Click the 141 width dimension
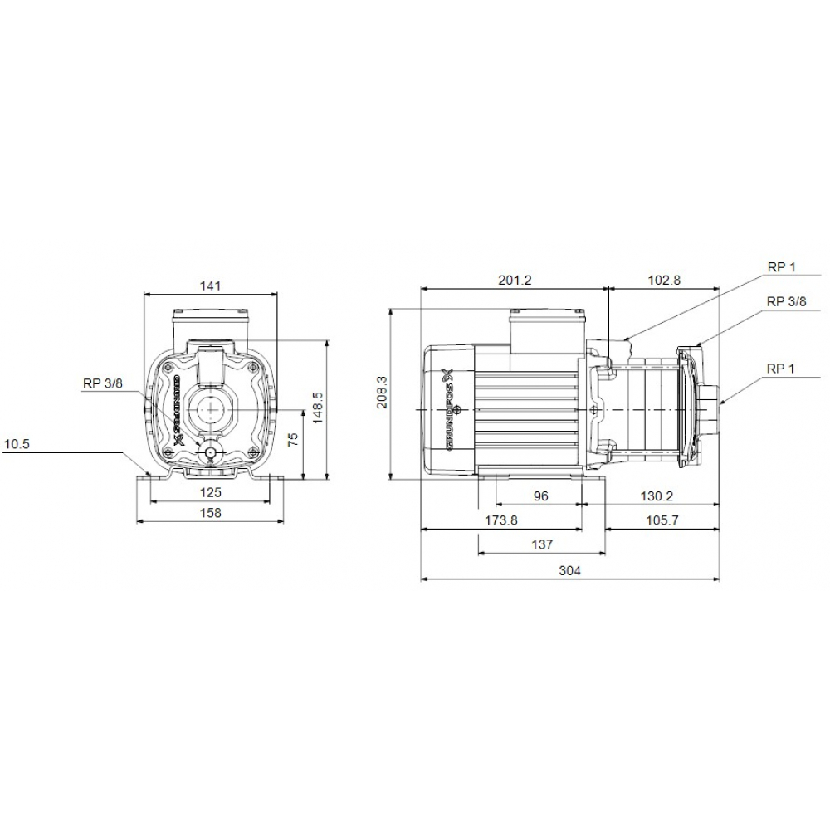211,286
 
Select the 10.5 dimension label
17,444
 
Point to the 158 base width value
211,513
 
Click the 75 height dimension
292,441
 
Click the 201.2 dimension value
515,280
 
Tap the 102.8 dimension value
663,280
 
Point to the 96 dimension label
540,496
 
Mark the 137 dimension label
541,544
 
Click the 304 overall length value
569,570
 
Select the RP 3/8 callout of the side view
786,302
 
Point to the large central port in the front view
210,411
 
